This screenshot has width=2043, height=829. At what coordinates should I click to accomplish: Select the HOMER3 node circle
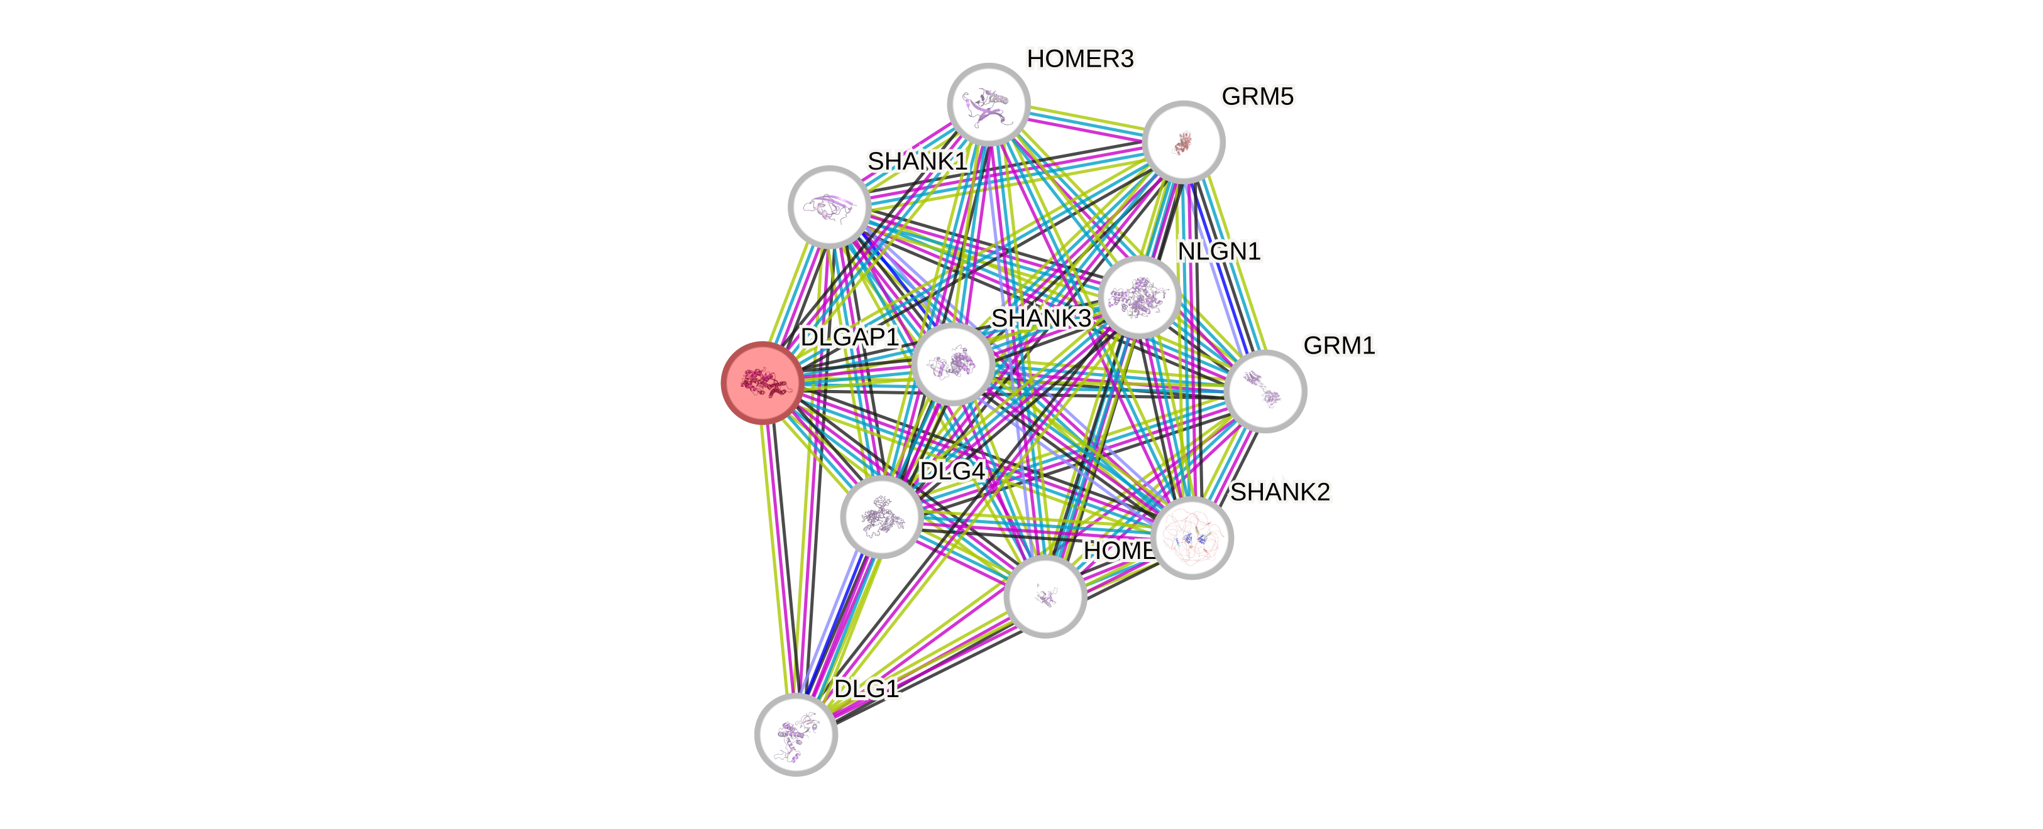(x=988, y=104)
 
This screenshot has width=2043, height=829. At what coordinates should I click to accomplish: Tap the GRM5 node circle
(x=1183, y=142)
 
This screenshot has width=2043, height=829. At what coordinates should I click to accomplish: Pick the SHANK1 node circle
(x=830, y=206)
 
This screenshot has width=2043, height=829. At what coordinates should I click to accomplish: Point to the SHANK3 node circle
(x=952, y=364)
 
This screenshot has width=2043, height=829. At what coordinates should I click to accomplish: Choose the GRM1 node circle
(x=1265, y=391)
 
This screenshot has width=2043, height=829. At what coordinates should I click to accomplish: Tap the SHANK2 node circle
(x=1192, y=538)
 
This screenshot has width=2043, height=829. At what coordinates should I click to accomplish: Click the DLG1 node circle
(x=795, y=735)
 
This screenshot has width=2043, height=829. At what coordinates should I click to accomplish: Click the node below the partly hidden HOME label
(x=1045, y=596)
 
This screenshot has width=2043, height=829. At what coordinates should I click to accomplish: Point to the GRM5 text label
(x=1257, y=97)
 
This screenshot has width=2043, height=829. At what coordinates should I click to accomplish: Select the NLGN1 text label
(x=1219, y=251)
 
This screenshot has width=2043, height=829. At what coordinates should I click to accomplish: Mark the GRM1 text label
(x=1339, y=345)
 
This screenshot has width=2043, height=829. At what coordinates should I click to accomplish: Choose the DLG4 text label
(x=952, y=472)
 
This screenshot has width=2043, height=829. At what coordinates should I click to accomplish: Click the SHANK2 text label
(x=1280, y=492)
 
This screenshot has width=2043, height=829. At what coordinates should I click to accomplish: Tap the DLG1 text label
(x=867, y=689)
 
